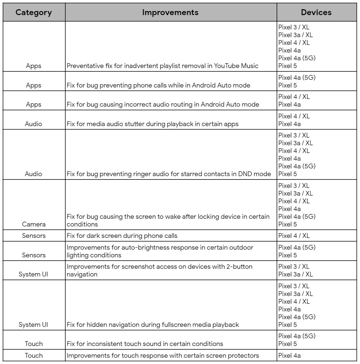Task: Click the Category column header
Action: click(33, 12)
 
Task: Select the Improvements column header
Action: click(170, 12)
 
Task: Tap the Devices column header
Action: click(316, 12)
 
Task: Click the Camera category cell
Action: click(33, 224)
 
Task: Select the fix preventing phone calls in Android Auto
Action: click(158, 85)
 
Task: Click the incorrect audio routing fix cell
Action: click(163, 104)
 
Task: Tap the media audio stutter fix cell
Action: click(152, 124)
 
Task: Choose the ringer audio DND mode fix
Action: click(169, 174)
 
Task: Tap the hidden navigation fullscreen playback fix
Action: click(153, 325)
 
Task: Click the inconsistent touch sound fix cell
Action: click(145, 344)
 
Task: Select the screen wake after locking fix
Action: click(168, 220)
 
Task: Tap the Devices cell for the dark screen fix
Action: click(294, 235)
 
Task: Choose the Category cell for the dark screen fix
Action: click(33, 235)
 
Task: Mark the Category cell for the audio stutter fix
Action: click(33, 124)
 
